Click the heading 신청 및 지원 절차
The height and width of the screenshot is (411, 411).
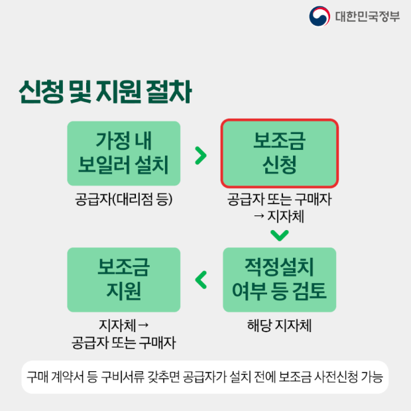click(x=105, y=93)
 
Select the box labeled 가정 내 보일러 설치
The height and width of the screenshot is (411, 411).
click(x=123, y=153)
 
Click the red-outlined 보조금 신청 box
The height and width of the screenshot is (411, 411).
click(x=279, y=153)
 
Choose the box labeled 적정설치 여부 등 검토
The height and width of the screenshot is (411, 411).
click(x=279, y=280)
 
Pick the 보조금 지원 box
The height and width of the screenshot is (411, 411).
click(x=123, y=280)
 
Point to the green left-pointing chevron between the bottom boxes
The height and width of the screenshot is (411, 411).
click(x=201, y=280)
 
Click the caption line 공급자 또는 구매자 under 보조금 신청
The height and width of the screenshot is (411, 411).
click(x=279, y=200)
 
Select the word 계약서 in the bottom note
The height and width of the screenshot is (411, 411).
click(x=67, y=377)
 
